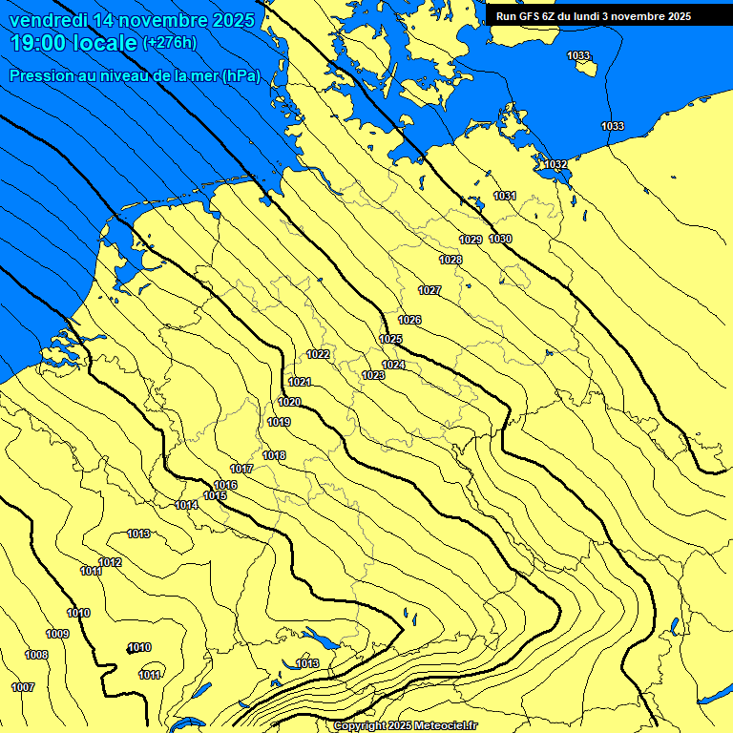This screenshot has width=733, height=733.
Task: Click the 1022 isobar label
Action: point(318,354)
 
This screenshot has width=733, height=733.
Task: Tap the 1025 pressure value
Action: point(390,339)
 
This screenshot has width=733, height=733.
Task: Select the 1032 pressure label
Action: point(555,164)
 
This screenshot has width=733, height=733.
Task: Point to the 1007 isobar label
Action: point(23,687)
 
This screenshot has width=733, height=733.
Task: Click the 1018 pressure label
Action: point(275,455)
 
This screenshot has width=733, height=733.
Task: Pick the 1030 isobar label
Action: point(500,239)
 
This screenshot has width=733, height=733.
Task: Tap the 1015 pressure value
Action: point(215,495)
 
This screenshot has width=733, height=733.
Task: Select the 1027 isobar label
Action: point(429,290)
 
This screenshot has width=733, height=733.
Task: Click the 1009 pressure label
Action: point(57,634)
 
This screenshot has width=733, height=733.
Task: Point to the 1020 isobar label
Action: point(289,402)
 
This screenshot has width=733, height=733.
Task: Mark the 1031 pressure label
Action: point(505,196)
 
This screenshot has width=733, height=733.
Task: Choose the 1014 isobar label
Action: point(186,505)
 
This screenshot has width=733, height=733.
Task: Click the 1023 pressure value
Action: point(373,375)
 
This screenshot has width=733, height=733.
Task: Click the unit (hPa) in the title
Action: point(241,75)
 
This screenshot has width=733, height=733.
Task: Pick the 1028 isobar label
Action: point(450,260)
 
